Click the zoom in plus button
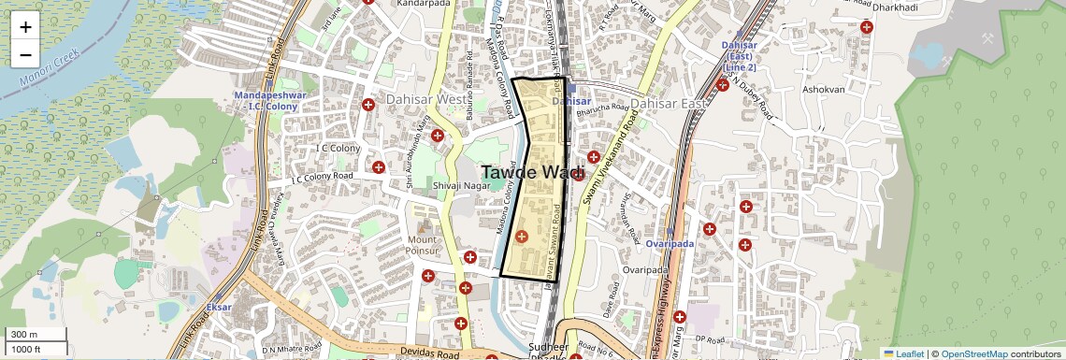coord(25,27)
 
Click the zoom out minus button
coord(25,55)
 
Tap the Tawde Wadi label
coord(533,173)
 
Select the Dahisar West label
coord(418,99)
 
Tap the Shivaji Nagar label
coord(456,186)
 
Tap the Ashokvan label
coord(823,90)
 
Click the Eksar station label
coord(218,307)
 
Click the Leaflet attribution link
coord(904,353)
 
